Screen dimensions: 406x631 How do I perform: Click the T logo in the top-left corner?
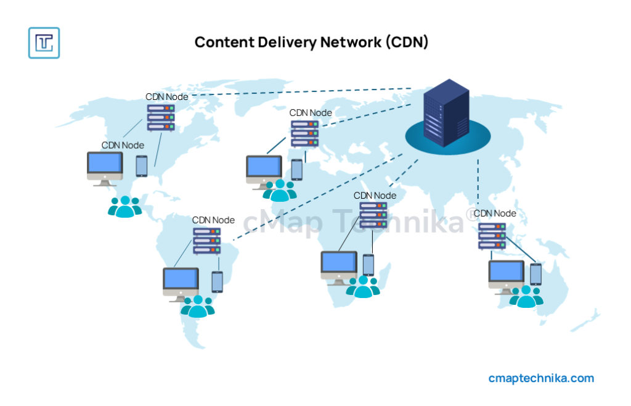pyautogui.click(x=44, y=43)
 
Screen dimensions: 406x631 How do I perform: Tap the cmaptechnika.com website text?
pyautogui.click(x=541, y=378)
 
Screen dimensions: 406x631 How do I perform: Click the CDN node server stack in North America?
pyautogui.click(x=161, y=117)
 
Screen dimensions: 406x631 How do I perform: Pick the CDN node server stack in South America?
pyautogui.click(x=207, y=241)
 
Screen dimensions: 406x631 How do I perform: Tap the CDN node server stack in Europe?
pyautogui.click(x=305, y=133)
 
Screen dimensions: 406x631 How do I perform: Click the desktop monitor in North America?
pyautogui.click(x=105, y=167)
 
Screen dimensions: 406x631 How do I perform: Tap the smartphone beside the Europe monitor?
pyautogui.click(x=297, y=170)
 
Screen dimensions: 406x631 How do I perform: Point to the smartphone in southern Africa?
pyautogui.click(x=368, y=265)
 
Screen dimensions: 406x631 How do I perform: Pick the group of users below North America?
pyautogui.click(x=124, y=207)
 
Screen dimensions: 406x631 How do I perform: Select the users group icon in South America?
pyautogui.click(x=197, y=306)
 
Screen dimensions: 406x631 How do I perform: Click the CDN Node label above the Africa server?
pyautogui.click(x=375, y=196)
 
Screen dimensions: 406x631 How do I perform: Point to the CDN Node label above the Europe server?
pyautogui.click(x=311, y=113)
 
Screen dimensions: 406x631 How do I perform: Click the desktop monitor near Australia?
pyautogui.click(x=506, y=276)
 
